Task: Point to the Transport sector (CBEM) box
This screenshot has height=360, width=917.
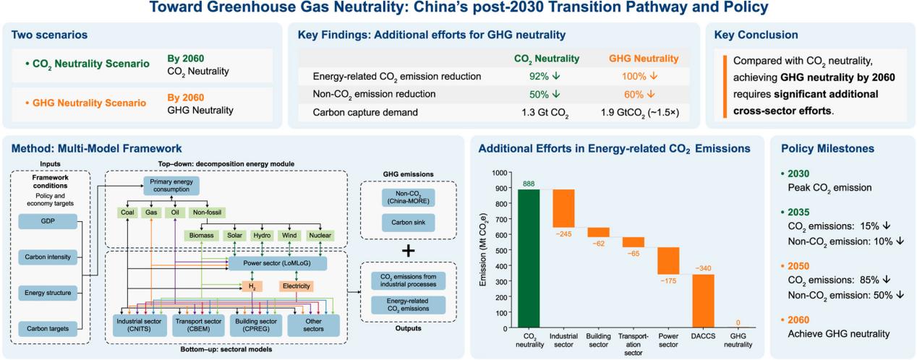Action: click(x=198, y=325)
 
